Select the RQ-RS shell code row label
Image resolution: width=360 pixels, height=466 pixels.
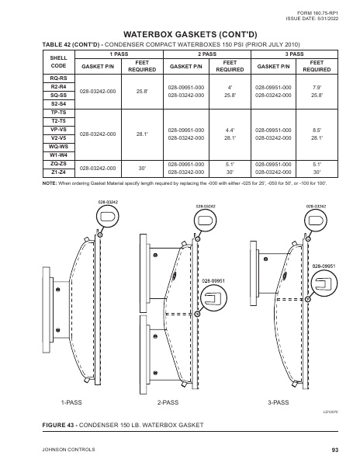point(58,79)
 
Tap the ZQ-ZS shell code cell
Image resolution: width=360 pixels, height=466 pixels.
point(58,164)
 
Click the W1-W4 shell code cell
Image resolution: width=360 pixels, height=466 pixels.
point(58,155)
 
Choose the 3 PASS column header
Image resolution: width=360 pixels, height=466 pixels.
point(294,54)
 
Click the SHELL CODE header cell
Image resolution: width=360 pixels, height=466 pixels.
point(58,63)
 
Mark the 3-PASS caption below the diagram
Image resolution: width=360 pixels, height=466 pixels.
point(279,403)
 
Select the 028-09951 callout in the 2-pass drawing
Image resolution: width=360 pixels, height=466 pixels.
point(213,280)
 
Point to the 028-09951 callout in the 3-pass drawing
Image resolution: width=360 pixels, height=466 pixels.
point(323,266)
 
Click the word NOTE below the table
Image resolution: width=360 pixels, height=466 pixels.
point(51,182)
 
